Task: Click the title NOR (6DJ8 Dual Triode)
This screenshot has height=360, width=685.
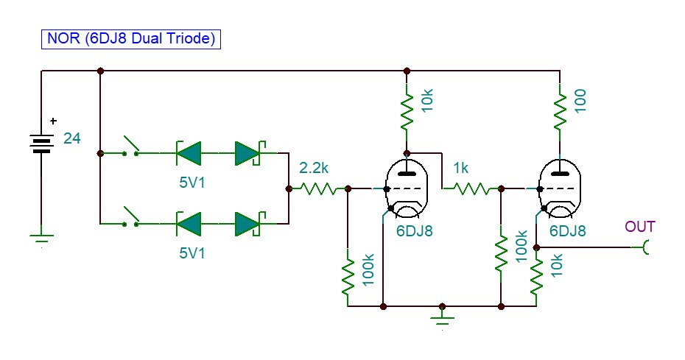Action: [131, 39]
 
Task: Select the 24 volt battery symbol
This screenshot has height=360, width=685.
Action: [41, 144]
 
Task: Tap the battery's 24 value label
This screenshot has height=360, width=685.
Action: [72, 138]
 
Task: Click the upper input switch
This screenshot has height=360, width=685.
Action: [130, 146]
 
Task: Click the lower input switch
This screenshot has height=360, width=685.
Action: [130, 216]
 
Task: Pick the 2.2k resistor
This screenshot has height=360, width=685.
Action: [318, 188]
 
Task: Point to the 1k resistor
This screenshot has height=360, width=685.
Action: [471, 188]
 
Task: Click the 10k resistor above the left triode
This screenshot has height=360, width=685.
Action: [407, 113]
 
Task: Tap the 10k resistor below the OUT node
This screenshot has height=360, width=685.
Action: [536, 275]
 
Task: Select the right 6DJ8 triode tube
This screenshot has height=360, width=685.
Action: [560, 188]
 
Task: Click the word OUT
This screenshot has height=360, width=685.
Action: [640, 227]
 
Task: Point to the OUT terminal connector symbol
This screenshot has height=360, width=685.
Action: [646, 247]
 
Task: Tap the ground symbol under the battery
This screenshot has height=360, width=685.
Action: [41, 239]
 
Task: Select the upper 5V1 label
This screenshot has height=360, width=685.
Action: [192, 182]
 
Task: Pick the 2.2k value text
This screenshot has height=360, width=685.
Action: [314, 167]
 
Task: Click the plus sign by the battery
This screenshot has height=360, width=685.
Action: [53, 121]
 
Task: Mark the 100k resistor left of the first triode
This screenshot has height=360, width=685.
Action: [348, 277]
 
